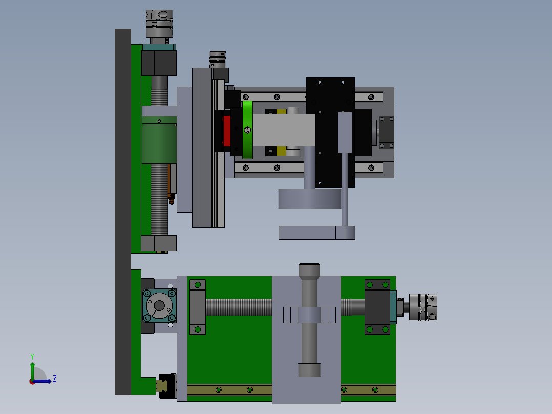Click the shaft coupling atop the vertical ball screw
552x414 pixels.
159,24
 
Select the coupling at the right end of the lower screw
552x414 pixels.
423,307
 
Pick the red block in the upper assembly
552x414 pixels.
227,131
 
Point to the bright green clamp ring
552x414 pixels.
247,130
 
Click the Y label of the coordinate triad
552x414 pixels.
32,356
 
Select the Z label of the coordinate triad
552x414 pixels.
54,379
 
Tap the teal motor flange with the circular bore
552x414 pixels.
159,306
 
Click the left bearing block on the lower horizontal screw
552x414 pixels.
197,307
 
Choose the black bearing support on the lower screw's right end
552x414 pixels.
377,307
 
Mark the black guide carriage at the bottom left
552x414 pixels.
166,385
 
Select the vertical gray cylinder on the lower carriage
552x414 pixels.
309,320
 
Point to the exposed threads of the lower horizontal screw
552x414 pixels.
239,307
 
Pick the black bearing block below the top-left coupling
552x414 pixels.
159,63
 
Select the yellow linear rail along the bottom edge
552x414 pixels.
230,390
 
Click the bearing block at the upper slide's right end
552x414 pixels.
387,131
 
